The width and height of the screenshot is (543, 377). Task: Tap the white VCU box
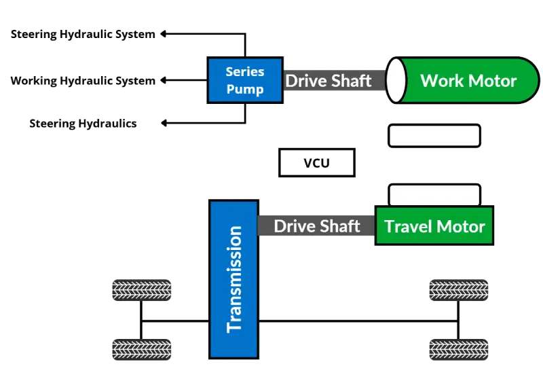point(316,163)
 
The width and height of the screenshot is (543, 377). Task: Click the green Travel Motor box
point(434,226)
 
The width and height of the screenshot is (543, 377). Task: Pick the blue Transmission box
point(234,279)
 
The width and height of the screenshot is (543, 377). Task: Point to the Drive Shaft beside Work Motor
point(329,81)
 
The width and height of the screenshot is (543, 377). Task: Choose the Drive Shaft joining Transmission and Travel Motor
point(317,226)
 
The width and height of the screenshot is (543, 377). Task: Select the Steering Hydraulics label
point(83,124)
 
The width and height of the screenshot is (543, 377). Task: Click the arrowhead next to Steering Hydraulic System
point(164,33)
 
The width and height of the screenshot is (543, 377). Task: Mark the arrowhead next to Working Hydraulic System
point(164,81)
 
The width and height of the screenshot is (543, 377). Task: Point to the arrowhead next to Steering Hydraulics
point(164,124)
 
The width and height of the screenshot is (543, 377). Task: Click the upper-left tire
point(141,291)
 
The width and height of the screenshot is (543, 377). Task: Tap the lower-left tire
point(141,351)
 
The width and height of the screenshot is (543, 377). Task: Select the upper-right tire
point(460,291)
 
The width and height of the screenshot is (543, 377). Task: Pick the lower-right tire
point(460,351)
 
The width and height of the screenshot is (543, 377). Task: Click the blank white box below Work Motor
point(434,136)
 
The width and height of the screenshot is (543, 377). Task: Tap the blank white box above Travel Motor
point(434,194)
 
